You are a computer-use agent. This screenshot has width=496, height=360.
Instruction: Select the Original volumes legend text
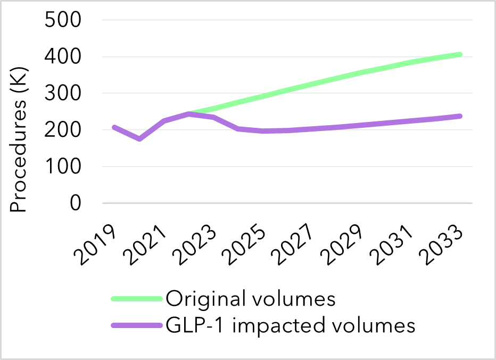[250, 299]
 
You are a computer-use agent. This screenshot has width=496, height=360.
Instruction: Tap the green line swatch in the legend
[136, 299]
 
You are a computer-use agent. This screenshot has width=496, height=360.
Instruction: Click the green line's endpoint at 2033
[459, 55]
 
